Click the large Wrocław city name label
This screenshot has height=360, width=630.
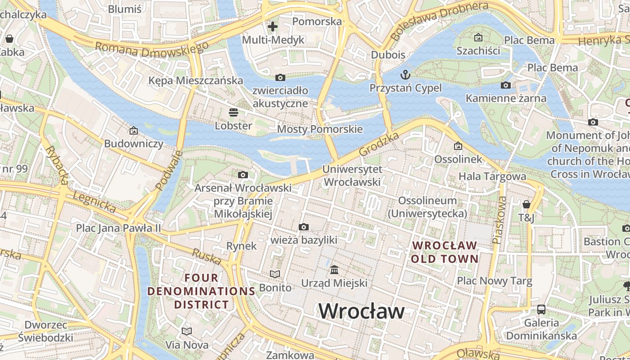(x=362, y=311)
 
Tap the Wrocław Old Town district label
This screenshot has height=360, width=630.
(x=445, y=252)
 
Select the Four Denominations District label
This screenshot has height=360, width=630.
(x=201, y=291)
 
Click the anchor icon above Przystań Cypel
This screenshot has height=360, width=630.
(x=405, y=74)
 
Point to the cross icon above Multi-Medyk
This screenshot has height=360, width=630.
(x=272, y=27)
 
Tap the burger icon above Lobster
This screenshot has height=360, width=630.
(x=233, y=112)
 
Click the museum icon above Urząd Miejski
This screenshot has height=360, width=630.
(x=334, y=270)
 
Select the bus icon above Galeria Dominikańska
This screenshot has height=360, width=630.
(x=541, y=310)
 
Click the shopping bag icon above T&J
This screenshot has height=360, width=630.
(x=526, y=205)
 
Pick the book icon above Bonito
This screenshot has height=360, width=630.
(x=274, y=274)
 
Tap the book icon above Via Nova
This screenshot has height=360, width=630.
(x=187, y=332)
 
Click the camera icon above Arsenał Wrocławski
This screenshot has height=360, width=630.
(x=243, y=175)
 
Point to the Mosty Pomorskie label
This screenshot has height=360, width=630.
(x=319, y=130)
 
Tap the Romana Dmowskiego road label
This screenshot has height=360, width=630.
(x=152, y=49)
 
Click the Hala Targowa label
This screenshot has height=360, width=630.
(x=492, y=176)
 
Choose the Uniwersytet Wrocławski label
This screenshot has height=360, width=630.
(x=352, y=175)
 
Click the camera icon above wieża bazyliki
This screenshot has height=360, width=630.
(x=304, y=227)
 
